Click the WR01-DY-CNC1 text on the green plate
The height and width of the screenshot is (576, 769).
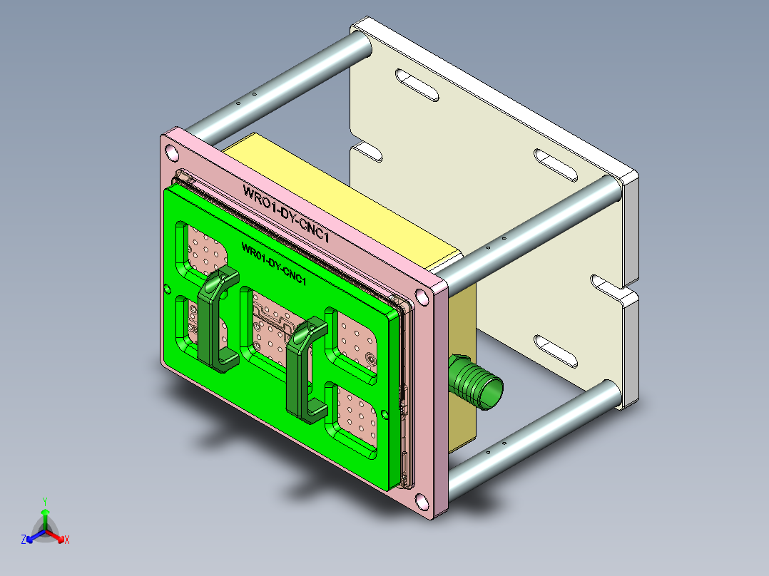tap(274, 262)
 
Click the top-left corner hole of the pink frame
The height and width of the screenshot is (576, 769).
tap(172, 153)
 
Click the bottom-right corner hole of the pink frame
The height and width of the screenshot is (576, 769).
tap(423, 503)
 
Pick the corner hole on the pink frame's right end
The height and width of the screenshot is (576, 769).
tap(422, 294)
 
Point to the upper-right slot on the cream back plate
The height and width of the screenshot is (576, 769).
tap(556, 165)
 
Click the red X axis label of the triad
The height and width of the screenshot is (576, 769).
tap(67, 540)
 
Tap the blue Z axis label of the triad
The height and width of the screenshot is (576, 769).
tap(24, 540)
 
